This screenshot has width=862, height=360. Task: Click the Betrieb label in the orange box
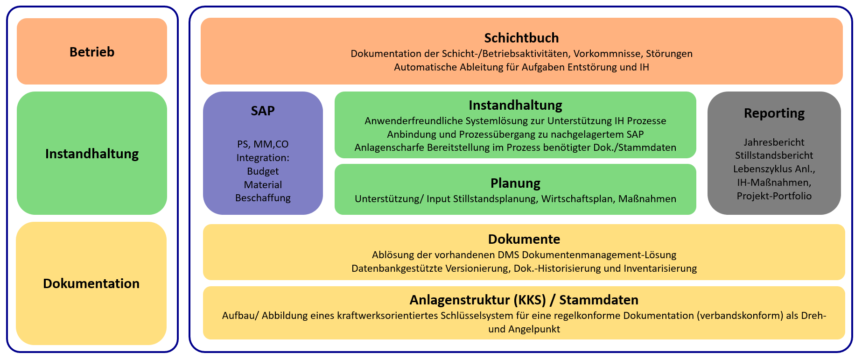pos(92,52)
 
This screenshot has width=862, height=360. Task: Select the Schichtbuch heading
pos(521,38)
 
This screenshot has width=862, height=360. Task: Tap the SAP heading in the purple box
pos(263,111)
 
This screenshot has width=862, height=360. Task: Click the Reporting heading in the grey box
pos(774,113)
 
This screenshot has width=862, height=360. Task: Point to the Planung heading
pos(515,184)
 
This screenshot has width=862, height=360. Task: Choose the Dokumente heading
pos(524,239)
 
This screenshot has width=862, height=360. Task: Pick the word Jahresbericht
pos(774,142)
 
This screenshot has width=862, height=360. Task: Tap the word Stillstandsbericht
pos(774,155)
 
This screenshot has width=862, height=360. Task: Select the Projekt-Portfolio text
pos(774,196)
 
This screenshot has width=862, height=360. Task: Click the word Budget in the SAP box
pos(263,171)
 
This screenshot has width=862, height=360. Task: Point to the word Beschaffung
pos(263,198)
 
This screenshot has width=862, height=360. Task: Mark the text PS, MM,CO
pos(263,144)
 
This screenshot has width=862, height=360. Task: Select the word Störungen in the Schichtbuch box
pos(669,54)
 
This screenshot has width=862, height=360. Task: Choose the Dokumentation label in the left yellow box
pos(91,283)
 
